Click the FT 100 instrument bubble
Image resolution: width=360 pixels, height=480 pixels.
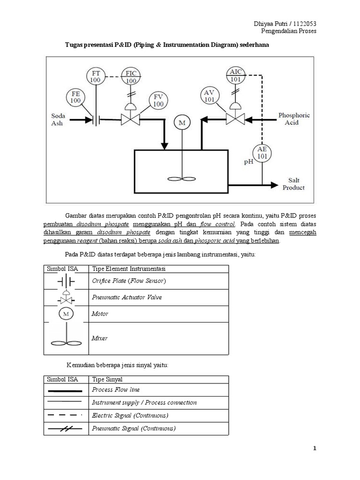pos(96,77)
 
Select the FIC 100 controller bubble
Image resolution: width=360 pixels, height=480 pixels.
pos(131,77)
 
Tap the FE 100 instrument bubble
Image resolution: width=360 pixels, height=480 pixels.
pos(75,97)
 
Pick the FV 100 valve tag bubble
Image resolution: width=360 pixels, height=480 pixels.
pos(158,101)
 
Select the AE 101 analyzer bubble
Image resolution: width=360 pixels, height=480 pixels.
pos(262,153)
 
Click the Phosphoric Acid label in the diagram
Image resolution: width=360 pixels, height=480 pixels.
pos(294,118)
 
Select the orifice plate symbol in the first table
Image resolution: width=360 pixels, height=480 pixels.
pos(66,281)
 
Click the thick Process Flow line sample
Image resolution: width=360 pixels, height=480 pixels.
pos(65,390)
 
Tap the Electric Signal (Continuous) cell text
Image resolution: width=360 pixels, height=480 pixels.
pos(130,415)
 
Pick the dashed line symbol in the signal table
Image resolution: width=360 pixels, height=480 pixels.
pos(65,415)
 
